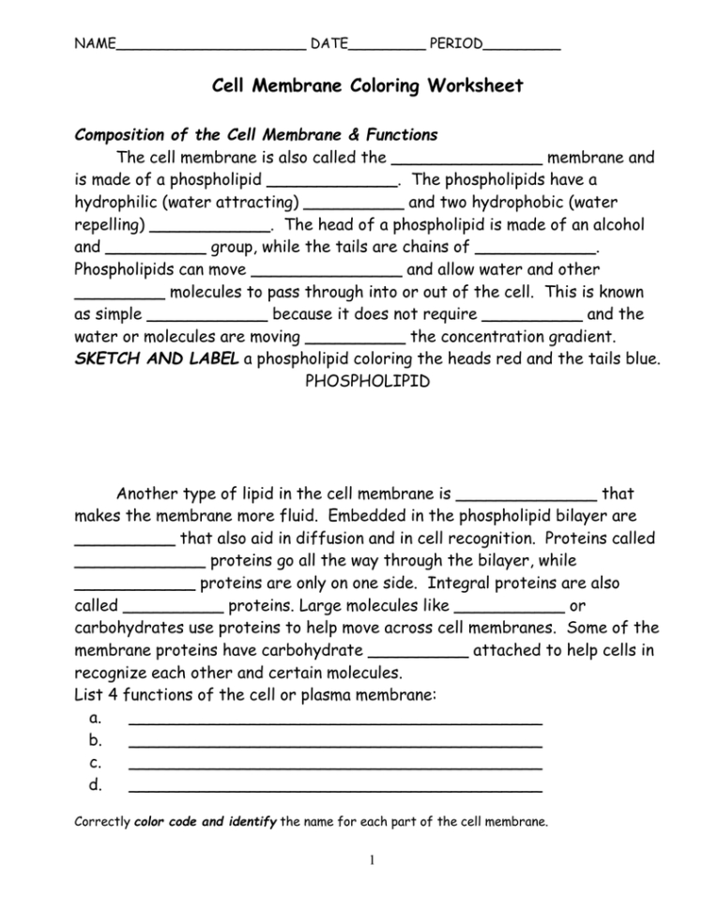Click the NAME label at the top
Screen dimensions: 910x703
coord(95,43)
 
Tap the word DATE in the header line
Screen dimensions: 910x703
coord(329,43)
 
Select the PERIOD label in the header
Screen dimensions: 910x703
coord(455,43)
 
